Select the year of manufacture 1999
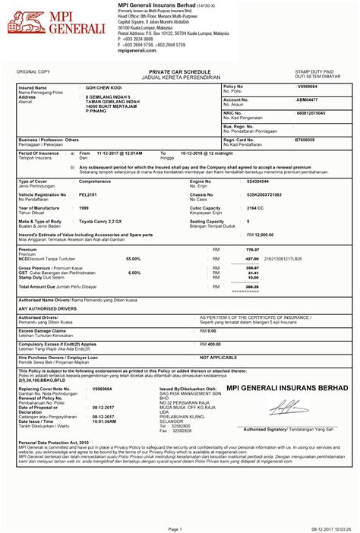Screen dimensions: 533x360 point(84,207)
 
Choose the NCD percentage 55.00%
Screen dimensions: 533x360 point(133,259)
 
